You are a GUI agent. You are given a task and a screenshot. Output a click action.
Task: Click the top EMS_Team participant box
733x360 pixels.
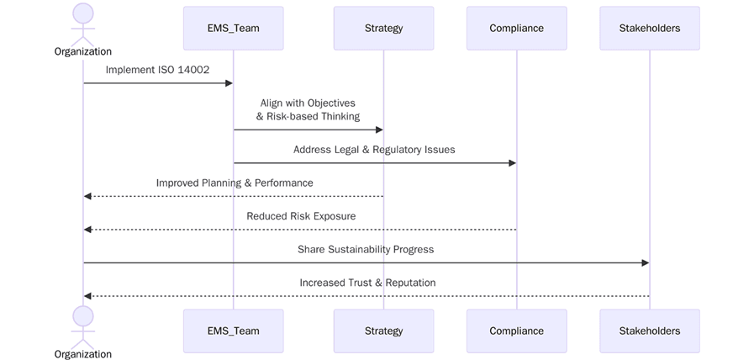pos(233,29)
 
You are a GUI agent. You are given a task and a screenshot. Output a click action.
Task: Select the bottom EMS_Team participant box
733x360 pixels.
pos(233,331)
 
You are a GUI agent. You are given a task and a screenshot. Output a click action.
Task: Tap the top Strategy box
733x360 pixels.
pos(383,29)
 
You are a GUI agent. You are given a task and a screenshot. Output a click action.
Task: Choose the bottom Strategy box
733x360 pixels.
pos(383,331)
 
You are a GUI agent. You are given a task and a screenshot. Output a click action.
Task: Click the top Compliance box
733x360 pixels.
pos(516,29)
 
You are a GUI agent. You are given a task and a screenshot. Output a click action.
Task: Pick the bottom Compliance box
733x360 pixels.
pos(516,331)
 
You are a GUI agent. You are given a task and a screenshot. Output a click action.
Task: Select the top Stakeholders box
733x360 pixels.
pos(650,29)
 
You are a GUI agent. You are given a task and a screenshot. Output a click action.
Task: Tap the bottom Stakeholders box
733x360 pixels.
pos(650,331)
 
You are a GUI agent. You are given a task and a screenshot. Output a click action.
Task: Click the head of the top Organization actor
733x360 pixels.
pos(83,13)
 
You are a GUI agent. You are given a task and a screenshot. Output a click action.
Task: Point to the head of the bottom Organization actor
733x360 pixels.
pos(83,315)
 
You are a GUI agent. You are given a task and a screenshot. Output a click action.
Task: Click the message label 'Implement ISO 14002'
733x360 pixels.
pos(157,70)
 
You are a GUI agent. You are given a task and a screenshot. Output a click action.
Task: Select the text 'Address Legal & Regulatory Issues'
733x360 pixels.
pos(374,150)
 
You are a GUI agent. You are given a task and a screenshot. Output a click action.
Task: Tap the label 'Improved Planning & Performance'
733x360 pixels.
pos(235,183)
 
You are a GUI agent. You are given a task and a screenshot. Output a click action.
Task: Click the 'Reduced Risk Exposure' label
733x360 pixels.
pos(301,216)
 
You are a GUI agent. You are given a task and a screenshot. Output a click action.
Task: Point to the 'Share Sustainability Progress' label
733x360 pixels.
pos(366,249)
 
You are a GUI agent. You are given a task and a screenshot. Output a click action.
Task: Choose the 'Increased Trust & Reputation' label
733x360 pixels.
pos(367,283)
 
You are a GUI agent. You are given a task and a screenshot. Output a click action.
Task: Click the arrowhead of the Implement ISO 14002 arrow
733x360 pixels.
pos(228,83)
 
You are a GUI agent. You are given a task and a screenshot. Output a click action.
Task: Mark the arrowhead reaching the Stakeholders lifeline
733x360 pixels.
pos(645,263)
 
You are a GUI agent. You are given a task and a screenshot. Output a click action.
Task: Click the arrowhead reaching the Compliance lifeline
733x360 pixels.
pos(511,163)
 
